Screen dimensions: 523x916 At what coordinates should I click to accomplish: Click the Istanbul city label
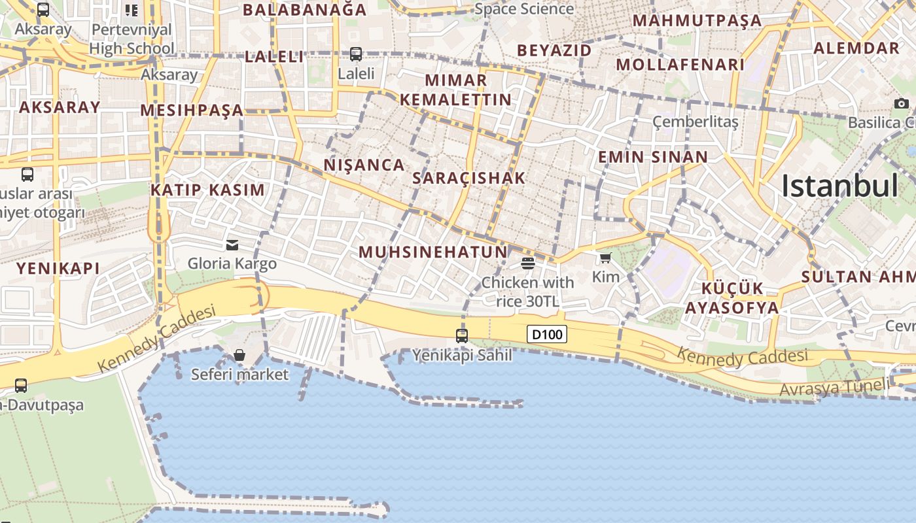tap(840, 186)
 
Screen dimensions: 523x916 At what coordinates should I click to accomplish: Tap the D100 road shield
tap(547, 335)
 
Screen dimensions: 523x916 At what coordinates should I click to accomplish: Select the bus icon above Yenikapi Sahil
tap(462, 336)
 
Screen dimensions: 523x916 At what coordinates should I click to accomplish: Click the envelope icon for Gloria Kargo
tap(232, 245)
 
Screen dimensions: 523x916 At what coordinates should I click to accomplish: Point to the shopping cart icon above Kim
tap(605, 258)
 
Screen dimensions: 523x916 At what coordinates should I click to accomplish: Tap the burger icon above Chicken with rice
tap(528, 263)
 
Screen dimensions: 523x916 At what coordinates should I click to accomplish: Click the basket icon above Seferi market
tap(239, 355)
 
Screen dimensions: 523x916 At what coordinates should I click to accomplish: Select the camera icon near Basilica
tap(901, 104)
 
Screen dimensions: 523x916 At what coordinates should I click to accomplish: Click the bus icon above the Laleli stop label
tap(356, 54)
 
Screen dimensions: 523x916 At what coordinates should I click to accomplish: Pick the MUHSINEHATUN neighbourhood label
tap(433, 252)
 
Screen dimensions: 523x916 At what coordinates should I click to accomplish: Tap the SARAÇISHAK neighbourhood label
tap(469, 178)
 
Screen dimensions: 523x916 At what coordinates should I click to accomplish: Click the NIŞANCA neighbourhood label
tap(364, 165)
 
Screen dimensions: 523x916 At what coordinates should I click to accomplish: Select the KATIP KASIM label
tap(207, 190)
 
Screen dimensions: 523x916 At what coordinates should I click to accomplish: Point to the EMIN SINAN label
tap(653, 157)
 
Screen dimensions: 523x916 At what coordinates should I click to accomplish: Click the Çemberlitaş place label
tap(696, 122)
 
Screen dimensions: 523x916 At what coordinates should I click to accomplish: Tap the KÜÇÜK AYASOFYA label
tap(732, 298)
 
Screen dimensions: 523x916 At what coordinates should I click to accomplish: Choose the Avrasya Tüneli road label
tap(834, 388)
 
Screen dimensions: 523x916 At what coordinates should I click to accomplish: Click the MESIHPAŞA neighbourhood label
tap(192, 110)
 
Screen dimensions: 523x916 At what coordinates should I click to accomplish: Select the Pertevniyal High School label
tap(132, 39)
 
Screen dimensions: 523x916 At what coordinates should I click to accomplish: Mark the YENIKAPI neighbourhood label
tap(58, 268)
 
